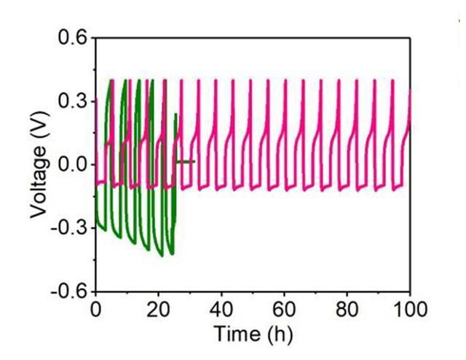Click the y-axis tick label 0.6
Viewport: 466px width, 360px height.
pos(74,37)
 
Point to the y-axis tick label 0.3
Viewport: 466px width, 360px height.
pos(74,101)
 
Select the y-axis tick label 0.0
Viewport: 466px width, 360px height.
pos(74,165)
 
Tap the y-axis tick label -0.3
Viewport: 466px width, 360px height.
pos(71,228)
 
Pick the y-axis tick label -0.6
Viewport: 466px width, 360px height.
pos(71,291)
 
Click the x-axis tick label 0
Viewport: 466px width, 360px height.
pos(95,308)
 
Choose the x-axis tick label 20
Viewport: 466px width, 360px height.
pos(158,308)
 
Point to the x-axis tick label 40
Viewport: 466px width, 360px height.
pos(221,308)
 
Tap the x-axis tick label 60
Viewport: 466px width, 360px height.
pos(285,308)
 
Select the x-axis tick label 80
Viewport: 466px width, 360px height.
pos(347,308)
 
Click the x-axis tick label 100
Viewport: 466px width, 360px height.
pos(409,308)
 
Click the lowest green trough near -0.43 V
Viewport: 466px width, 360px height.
pos(172,255)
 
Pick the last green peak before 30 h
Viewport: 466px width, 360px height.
pos(176,114)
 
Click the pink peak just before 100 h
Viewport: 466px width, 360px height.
pos(393,80)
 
